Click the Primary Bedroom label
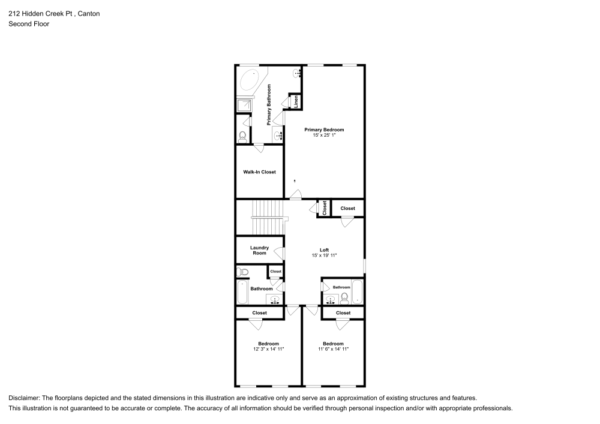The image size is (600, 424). pyautogui.click(x=324, y=130)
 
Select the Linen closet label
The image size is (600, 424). pyautogui.click(x=296, y=101)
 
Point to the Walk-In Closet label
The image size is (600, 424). pyautogui.click(x=259, y=172)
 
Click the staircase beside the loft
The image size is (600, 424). pyautogui.click(x=266, y=217)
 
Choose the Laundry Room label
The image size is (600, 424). pyautogui.click(x=259, y=250)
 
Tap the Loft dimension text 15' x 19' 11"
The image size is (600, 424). pyautogui.click(x=324, y=255)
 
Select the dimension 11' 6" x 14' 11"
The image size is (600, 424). pyautogui.click(x=333, y=349)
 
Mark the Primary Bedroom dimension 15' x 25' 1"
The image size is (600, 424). pyautogui.click(x=324, y=136)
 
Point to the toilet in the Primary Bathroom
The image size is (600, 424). pyautogui.click(x=242, y=136)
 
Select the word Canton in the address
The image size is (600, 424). pyautogui.click(x=88, y=13)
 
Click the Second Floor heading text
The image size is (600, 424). pyautogui.click(x=29, y=24)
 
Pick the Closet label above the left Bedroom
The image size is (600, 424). pyautogui.click(x=259, y=313)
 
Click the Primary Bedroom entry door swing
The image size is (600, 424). pyautogui.click(x=295, y=194)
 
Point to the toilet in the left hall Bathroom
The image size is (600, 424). pyautogui.click(x=243, y=273)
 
